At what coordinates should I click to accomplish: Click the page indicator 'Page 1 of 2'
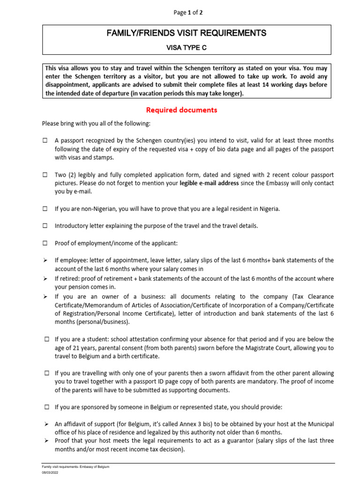188,13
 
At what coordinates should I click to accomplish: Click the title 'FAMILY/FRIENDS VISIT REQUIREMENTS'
187,33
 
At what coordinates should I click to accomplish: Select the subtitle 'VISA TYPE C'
187,47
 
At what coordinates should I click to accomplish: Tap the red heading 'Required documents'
181,110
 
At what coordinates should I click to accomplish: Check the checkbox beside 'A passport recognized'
45,141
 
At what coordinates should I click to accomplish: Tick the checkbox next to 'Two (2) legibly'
45,174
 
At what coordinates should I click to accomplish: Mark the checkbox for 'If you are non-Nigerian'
45,209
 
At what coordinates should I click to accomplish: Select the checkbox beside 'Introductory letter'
45,225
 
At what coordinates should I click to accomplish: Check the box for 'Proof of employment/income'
45,243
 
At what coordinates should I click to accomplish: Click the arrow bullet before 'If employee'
45,260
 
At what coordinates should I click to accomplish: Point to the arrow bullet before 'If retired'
45,278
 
